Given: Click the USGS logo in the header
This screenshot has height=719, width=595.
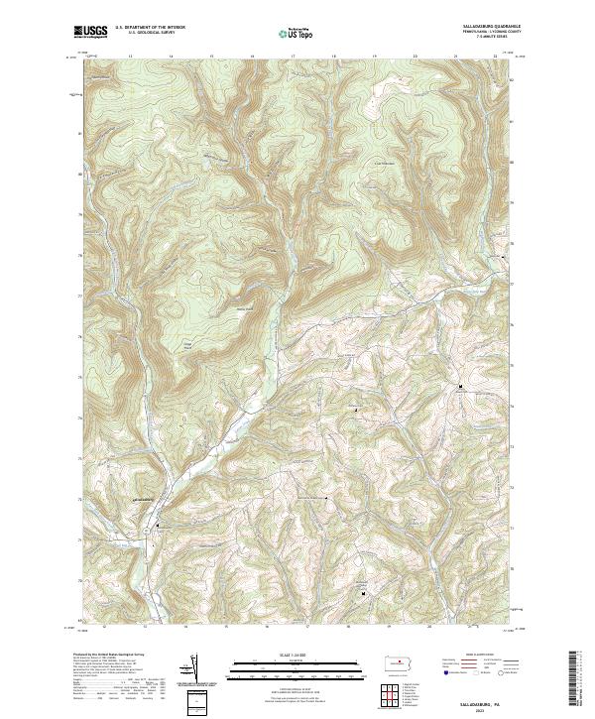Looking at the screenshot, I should point(90,32).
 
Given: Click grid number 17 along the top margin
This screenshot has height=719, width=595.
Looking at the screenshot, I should point(294,58).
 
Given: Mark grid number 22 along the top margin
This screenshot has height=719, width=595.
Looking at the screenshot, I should point(496,58).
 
